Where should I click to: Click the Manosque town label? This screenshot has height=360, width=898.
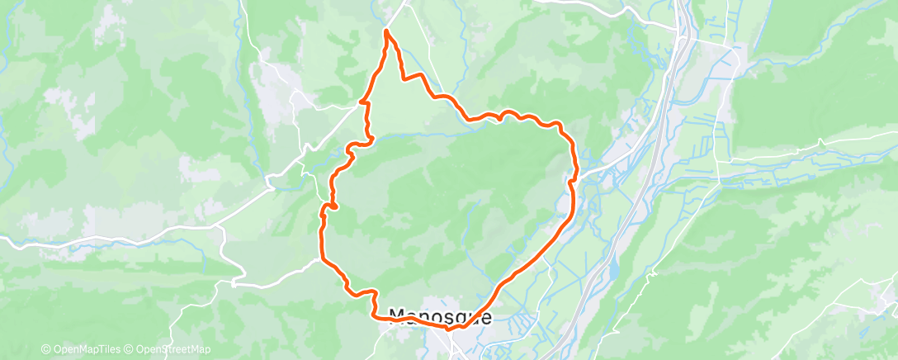pos(440,316)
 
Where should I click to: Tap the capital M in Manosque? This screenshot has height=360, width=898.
pos(396,316)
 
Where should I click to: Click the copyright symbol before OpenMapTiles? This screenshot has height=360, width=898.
pos(45,350)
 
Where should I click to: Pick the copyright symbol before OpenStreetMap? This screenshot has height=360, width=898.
pos(130,350)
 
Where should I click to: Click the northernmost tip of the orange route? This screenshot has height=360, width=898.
pos(386,31)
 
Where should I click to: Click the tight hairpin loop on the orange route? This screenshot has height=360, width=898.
pos(332,204)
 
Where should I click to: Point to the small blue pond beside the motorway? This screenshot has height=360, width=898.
pos(615,268)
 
